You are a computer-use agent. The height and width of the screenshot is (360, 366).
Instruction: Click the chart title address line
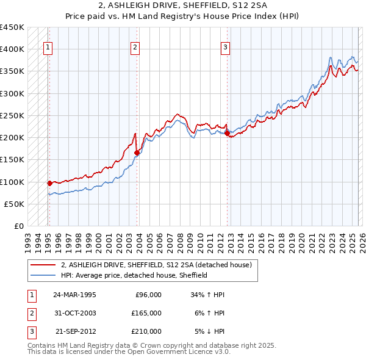tap(183, 5)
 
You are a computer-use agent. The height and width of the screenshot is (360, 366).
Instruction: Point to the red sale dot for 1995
tap(49, 182)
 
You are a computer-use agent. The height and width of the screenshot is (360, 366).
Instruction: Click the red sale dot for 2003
tap(137, 153)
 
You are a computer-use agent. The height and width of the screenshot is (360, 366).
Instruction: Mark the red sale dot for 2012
tap(227, 132)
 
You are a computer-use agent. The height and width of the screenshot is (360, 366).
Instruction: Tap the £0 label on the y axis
tap(19, 226)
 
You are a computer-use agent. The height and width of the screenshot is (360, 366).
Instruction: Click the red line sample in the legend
tap(43, 265)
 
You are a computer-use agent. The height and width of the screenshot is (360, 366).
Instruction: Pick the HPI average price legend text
tap(134, 275)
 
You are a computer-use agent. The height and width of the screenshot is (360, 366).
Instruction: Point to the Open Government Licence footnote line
tap(129, 352)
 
